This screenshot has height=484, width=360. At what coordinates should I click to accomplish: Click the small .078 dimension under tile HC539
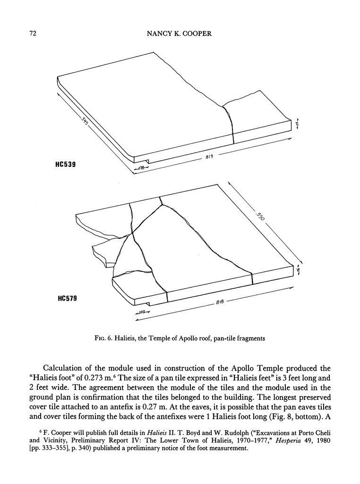(x=140, y=168)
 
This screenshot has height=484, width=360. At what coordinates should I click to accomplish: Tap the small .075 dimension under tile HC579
(x=140, y=312)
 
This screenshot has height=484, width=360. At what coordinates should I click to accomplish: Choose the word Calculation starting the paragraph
(x=67, y=369)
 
